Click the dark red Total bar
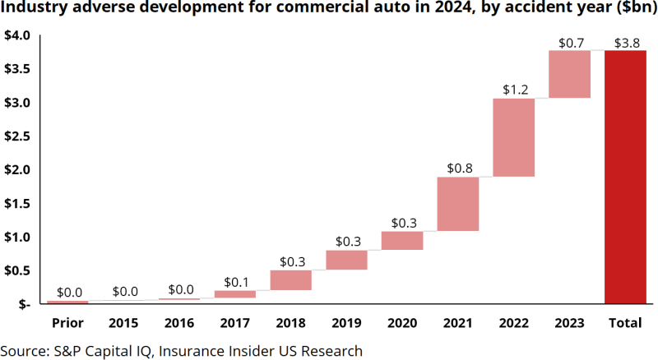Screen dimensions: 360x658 tap(625, 177)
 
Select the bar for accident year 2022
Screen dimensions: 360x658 tap(514, 137)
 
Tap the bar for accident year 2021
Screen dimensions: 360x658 tap(458, 204)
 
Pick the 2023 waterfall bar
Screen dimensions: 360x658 tap(569, 74)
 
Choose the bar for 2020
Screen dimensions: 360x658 tap(402, 240)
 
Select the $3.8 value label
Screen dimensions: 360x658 tap(625, 42)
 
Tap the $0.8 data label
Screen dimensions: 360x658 tap(458, 168)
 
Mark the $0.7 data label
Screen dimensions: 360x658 tap(569, 42)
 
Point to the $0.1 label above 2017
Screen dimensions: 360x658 tap(235, 282)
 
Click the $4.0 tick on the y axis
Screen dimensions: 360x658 tap(17, 36)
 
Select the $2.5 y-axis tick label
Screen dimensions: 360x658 tap(17, 136)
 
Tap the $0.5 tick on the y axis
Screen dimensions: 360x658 tap(17, 270)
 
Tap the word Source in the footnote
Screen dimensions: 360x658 tap(23, 350)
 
